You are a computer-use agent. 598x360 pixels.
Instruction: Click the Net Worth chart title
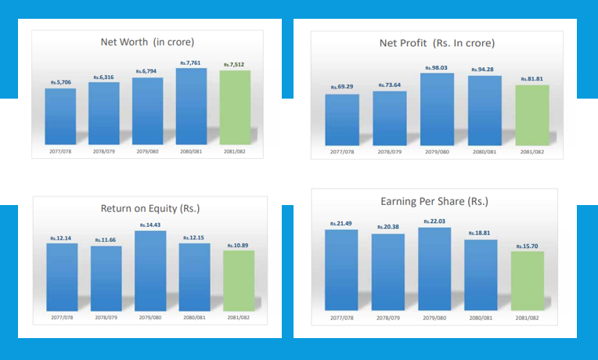[x=147, y=41]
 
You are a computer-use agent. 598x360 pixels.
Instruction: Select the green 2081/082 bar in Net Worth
[x=236, y=107]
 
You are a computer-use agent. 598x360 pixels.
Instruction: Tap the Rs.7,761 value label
[x=192, y=62]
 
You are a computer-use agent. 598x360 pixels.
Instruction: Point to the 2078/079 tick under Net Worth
[x=104, y=150]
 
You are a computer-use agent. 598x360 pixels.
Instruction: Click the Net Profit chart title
[x=436, y=42]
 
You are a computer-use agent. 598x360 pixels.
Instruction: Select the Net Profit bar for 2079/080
[x=436, y=108]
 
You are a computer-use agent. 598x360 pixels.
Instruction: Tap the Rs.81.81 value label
[x=532, y=79]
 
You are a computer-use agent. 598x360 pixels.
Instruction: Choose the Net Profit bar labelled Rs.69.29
[x=342, y=118]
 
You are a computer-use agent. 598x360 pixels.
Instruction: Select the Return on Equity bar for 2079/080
[x=150, y=272]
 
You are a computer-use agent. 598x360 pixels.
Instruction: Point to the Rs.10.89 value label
[x=239, y=245]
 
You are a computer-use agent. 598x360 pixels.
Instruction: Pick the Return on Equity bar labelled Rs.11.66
[x=106, y=279]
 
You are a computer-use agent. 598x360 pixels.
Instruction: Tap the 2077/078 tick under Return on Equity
[x=62, y=318]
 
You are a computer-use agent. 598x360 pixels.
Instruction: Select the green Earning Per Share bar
[x=528, y=283]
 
